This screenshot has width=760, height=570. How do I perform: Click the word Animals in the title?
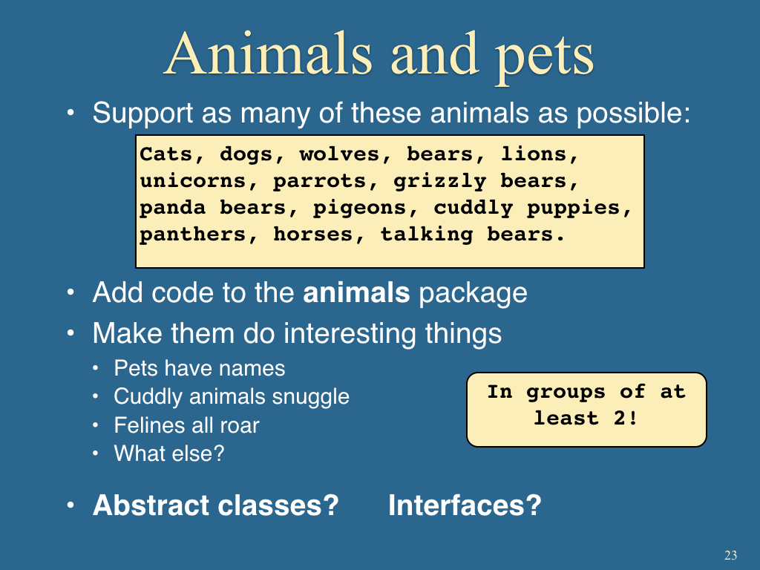coord(269,53)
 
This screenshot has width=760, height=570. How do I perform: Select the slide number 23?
coord(731,555)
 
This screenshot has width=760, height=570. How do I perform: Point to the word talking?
coord(427,235)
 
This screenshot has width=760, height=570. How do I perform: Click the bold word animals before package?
coord(356,292)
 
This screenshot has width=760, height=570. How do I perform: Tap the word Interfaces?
coord(465,505)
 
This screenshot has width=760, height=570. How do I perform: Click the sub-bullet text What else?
coord(169,453)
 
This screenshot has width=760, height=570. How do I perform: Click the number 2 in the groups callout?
coord(620,418)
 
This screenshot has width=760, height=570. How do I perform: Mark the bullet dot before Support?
coord(71,113)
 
